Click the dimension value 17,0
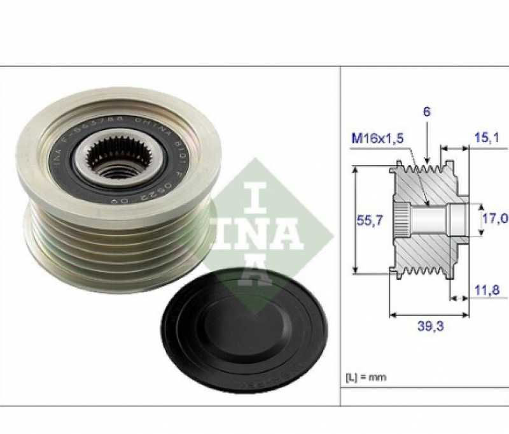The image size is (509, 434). (494, 219)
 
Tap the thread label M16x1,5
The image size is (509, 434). (377, 138)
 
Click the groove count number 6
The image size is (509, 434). (427, 112)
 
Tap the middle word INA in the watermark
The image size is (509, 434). (257, 235)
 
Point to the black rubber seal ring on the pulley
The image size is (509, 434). (67, 163)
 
